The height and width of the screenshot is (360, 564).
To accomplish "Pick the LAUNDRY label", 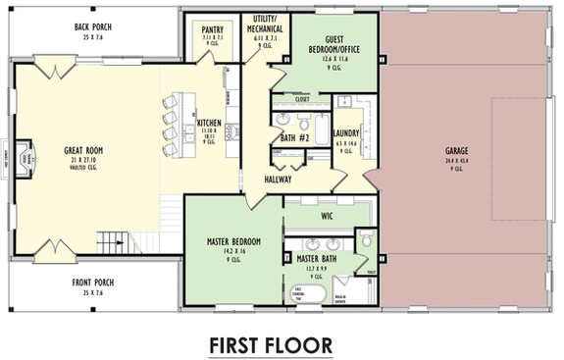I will click(346, 133).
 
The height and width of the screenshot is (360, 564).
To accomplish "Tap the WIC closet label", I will click(328, 213).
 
